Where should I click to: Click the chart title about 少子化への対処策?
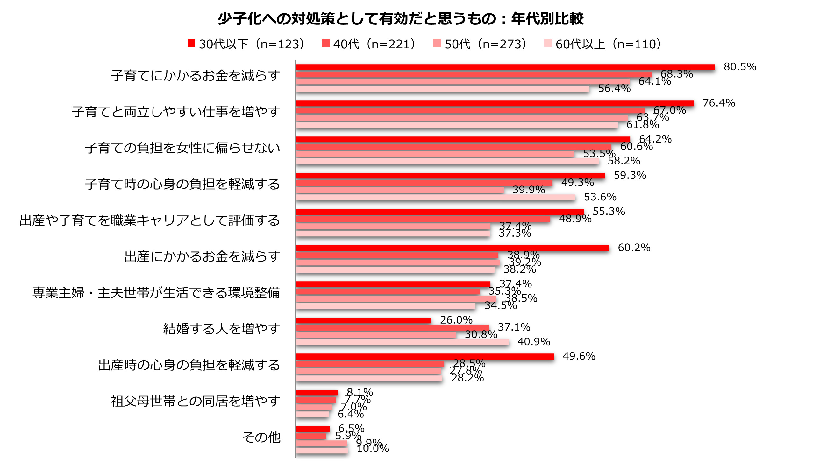[x=401, y=19]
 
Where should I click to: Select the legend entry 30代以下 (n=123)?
[x=246, y=44]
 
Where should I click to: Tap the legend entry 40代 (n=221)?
[x=369, y=44]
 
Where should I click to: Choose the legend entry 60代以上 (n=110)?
[x=602, y=44]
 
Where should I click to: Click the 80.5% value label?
[x=740, y=67]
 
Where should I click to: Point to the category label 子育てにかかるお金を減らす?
[x=196, y=76]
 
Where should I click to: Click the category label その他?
[x=261, y=437]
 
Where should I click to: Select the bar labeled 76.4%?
[x=494, y=103]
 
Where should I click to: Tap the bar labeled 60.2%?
[x=452, y=248]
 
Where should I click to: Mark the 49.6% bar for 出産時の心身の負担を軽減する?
[x=424, y=357]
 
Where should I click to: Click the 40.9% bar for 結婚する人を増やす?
[x=402, y=342]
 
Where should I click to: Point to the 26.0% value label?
[x=456, y=320]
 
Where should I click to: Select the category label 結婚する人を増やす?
[x=221, y=329]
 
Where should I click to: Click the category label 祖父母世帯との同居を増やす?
[x=195, y=401]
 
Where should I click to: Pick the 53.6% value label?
[x=600, y=197]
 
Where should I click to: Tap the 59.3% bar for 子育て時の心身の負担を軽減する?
[x=450, y=176]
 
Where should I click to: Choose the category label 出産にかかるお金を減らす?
[x=202, y=256]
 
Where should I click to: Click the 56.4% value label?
[x=614, y=89]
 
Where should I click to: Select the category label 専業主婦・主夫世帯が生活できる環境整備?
[x=156, y=293]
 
